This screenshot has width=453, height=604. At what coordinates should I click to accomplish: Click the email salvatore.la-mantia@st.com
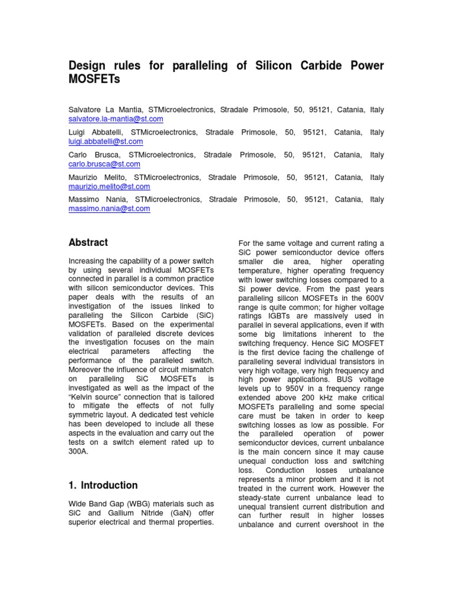[x=116, y=119]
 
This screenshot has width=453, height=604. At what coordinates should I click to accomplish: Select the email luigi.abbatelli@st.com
[x=106, y=142]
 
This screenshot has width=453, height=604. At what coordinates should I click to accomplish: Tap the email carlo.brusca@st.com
[x=104, y=164]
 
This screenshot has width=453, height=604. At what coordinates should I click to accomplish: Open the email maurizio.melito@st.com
[x=110, y=186]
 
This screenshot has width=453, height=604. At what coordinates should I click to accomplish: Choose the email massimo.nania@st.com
[x=110, y=209]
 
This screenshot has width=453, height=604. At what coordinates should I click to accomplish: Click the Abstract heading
[x=88, y=242]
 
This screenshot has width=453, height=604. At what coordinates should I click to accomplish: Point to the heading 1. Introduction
[x=103, y=485]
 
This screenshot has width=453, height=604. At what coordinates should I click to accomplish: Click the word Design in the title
[x=89, y=66]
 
